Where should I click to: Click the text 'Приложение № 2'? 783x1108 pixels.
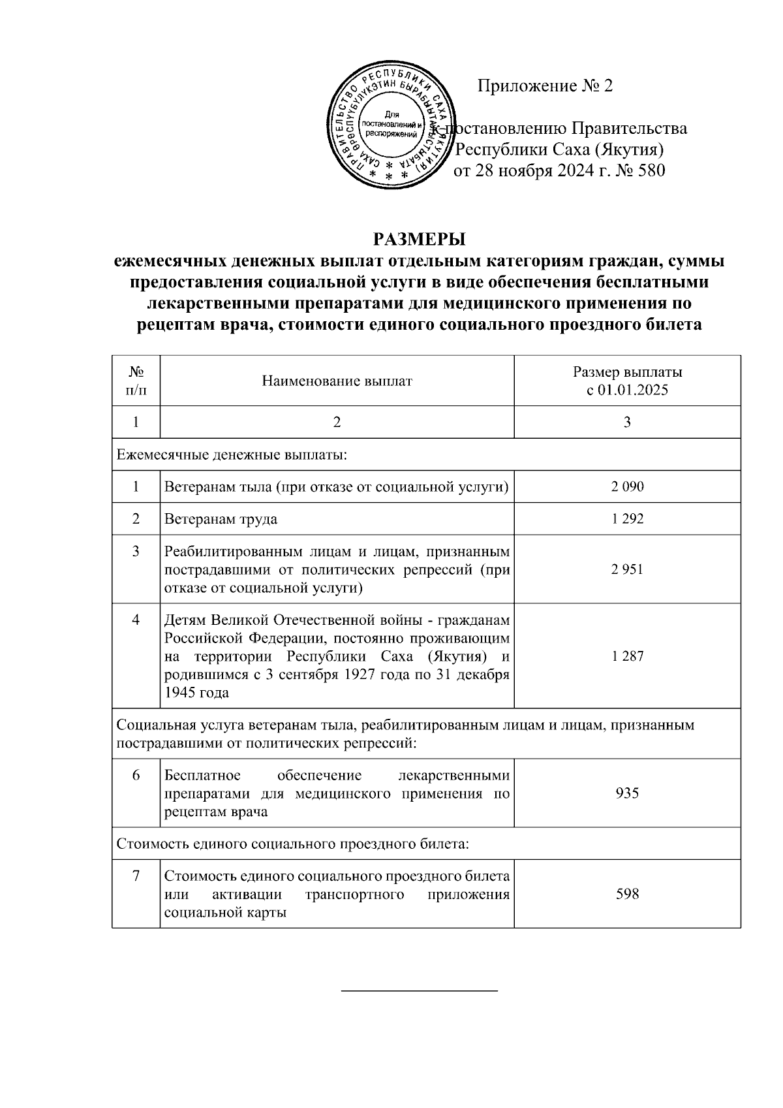(x=545, y=86)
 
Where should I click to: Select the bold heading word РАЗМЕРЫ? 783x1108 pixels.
(x=419, y=238)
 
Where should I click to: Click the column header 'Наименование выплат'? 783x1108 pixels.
(x=337, y=381)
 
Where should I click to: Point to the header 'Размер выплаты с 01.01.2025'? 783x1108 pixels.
(x=627, y=381)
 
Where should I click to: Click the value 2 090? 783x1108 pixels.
(x=627, y=486)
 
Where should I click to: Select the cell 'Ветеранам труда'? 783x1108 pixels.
(x=221, y=519)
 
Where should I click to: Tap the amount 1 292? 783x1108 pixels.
(x=627, y=519)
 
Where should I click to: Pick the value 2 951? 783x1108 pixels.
(x=627, y=569)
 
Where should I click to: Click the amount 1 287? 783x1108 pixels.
(x=627, y=656)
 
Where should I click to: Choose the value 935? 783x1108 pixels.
(x=627, y=793)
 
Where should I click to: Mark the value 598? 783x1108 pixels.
(x=627, y=894)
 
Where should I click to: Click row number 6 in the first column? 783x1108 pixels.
(x=136, y=776)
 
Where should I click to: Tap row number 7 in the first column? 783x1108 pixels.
(x=136, y=876)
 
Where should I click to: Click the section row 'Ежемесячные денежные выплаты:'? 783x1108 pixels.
(x=232, y=454)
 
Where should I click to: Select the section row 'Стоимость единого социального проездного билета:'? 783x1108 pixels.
(x=292, y=844)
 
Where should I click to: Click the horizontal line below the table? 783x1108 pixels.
(x=420, y=992)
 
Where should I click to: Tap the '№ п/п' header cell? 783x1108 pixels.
(x=136, y=381)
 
